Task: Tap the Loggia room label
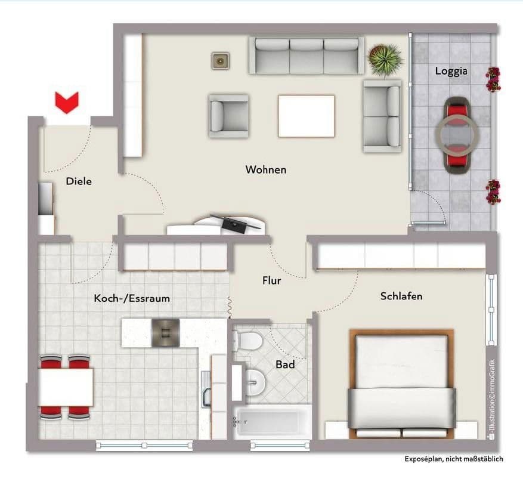coord(451,72)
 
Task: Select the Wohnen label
coord(266,169)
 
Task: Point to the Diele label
coord(79,181)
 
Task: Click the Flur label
coord(271,280)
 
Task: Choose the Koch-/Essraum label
coord(132,298)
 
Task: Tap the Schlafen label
coord(401,296)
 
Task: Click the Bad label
coord(285,364)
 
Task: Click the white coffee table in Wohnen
coord(306,116)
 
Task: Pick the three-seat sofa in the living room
coord(307,55)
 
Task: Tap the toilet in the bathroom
coord(247,341)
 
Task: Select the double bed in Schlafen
coord(401,384)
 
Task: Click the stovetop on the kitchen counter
coord(166,332)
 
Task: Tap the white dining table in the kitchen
coord(66,387)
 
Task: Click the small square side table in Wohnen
coord(220,61)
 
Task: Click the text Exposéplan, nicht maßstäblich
coord(454,459)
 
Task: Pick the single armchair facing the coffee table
coord(229,116)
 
